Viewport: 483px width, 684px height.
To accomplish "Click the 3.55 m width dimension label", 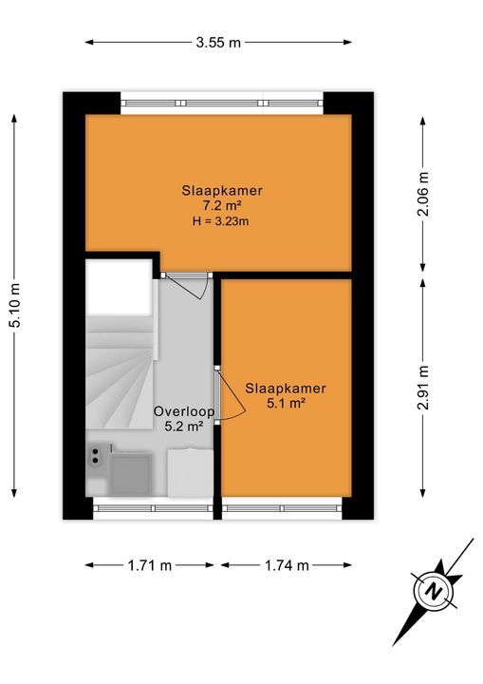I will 218,42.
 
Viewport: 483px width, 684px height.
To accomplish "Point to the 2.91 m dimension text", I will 423,387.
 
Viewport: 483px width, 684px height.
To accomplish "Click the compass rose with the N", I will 434,592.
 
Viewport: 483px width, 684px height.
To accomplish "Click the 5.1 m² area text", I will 286,404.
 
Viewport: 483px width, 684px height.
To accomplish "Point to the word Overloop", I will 184,411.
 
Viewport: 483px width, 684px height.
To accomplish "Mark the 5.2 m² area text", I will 184,427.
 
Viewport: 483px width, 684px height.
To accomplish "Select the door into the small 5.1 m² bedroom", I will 228,391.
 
